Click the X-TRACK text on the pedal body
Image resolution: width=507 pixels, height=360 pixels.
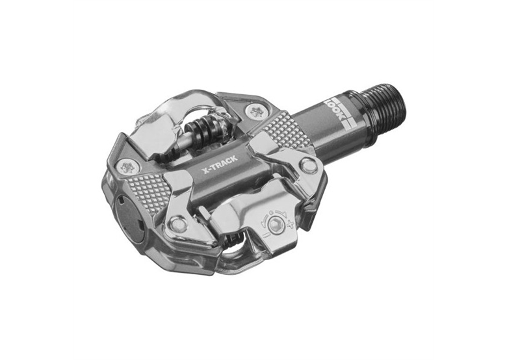219,164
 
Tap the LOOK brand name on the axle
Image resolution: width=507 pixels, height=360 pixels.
331,107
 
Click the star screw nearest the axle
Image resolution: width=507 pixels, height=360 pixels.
257,112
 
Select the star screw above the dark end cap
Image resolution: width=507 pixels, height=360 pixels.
128,167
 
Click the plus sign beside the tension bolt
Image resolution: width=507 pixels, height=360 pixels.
289,224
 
